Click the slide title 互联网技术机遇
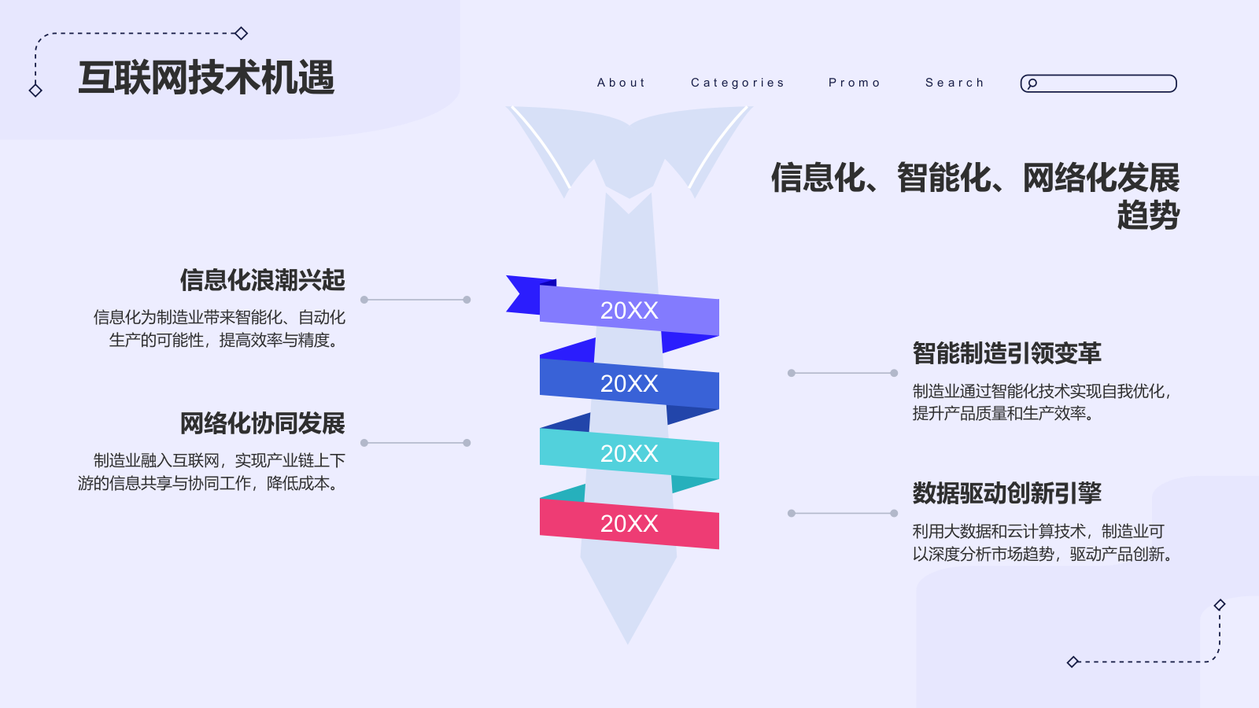click(206, 78)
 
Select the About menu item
click(621, 83)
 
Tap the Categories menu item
click(737, 83)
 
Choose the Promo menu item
click(854, 83)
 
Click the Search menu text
click(954, 83)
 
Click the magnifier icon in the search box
click(1032, 83)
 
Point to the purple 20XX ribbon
click(629, 311)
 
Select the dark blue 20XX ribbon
click(629, 383)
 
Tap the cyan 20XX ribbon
click(629, 453)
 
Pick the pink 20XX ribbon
click(629, 523)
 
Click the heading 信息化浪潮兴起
click(262, 280)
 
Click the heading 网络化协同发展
click(262, 423)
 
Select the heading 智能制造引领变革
click(1006, 353)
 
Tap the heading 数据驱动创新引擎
click(1006, 493)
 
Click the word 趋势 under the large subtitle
click(1148, 216)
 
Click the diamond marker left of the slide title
click(35, 90)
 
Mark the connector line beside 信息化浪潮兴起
click(415, 300)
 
